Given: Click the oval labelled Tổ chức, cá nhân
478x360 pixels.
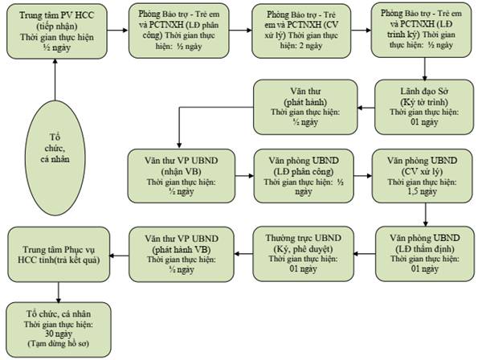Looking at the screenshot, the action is [55, 157].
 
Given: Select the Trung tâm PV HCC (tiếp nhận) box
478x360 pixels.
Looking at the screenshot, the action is [57, 31].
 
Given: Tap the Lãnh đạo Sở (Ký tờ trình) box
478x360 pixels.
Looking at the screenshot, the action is [424, 107].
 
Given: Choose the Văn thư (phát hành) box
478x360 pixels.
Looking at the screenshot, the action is [305, 107].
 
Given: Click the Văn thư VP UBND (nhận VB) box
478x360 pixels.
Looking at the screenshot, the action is [182, 176].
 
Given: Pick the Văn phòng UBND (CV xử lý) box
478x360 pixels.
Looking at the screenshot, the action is [423, 176].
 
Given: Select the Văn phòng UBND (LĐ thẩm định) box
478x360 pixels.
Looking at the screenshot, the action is [425, 254].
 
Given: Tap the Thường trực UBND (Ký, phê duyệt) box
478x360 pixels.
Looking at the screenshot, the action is [304, 254].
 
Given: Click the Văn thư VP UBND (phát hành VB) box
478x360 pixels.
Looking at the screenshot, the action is [182, 254].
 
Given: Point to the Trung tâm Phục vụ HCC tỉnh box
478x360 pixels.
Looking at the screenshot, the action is [59, 254].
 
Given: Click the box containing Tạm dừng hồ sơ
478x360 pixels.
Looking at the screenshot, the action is [59, 329].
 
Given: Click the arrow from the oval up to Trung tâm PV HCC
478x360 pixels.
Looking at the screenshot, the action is [55, 80].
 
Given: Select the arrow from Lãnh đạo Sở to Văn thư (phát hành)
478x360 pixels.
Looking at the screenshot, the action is [366, 108].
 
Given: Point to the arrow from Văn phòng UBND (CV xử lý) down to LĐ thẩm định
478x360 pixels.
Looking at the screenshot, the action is [426, 215].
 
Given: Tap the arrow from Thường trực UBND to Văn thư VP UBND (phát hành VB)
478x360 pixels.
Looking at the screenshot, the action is [243, 254].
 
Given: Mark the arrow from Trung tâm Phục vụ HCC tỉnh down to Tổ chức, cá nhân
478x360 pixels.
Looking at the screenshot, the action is [58, 292].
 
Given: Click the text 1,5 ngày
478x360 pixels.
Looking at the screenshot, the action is [423, 192].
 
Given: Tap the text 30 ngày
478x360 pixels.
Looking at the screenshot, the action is [59, 333].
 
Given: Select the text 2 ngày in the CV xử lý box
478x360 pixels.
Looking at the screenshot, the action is [309, 46].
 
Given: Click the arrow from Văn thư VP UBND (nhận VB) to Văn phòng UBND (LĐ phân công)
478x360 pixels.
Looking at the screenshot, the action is [244, 176].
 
